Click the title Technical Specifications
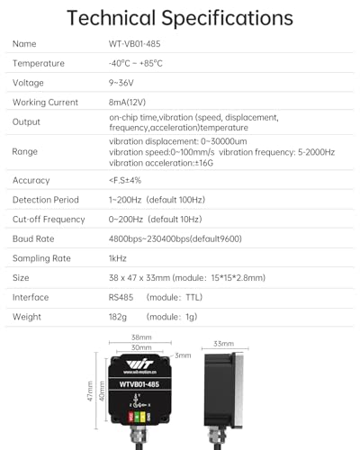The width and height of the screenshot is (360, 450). click(180, 18)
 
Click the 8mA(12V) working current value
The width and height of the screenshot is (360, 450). click(130, 103)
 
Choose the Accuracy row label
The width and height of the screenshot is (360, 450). click(31, 180)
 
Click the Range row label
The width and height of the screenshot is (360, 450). click(25, 151)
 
